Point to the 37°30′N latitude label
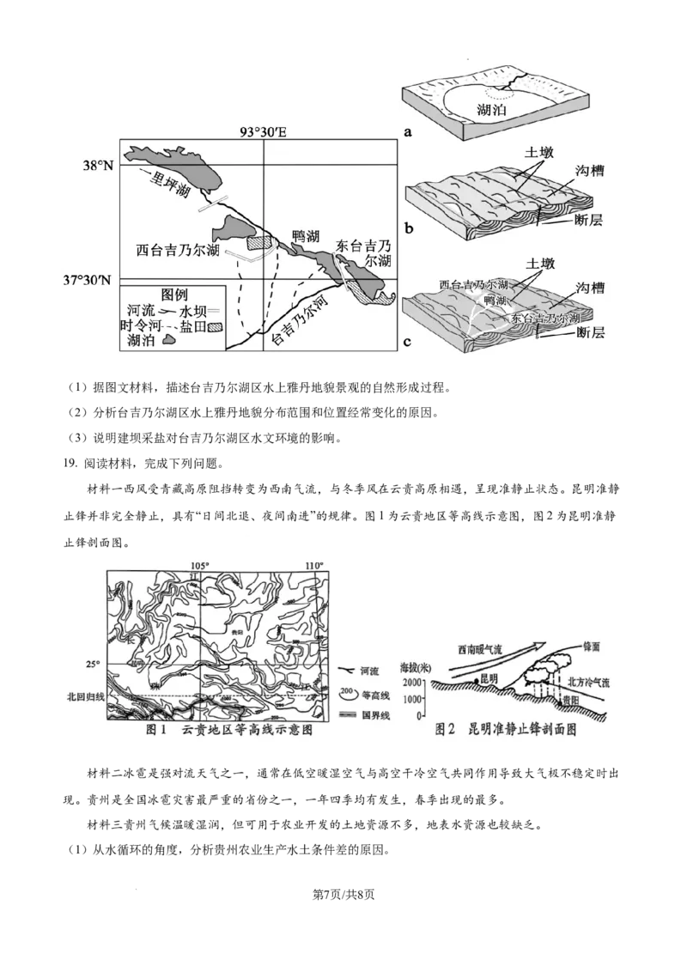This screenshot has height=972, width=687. click(88, 280)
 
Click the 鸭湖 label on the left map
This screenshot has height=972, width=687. click(307, 235)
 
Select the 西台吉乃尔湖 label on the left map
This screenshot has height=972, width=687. click(178, 251)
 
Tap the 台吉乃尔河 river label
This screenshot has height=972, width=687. click(301, 324)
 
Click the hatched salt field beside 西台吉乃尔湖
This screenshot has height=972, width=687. click(259, 244)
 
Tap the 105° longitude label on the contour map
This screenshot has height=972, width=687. click(199, 565)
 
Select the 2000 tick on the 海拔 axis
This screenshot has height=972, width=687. click(412, 681)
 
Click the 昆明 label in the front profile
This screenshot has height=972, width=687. click(489, 678)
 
